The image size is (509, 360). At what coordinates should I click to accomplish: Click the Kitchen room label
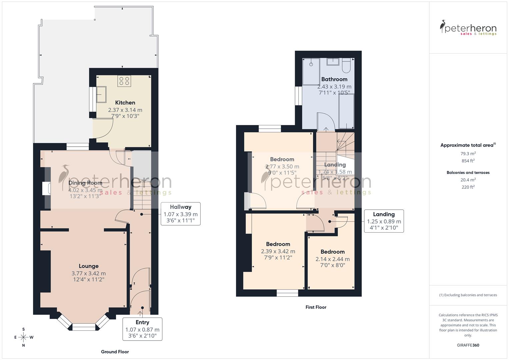coord(125,103)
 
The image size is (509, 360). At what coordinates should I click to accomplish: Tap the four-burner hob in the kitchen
coord(124,81)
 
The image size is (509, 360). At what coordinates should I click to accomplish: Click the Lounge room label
coord(89,266)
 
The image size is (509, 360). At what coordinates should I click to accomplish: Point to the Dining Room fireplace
coord(46,188)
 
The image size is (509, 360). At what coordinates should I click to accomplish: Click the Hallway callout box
coord(180,214)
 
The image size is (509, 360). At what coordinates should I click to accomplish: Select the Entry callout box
coord(142,329)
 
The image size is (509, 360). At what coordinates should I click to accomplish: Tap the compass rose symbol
coord(23,337)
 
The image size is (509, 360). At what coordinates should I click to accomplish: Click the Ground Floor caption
coord(115,352)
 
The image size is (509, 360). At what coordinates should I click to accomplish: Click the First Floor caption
coord(316,307)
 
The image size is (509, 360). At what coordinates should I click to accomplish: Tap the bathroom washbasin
coord(332,62)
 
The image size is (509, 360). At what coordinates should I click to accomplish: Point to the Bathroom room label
coord(334,79)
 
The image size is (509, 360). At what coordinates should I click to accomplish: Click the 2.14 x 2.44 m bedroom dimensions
coord(332,259)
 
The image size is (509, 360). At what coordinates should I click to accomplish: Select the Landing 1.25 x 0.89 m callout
coord(384,221)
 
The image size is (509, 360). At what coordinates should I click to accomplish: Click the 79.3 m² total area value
coord(468,154)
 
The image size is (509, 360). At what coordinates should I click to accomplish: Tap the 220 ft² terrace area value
coord(468,187)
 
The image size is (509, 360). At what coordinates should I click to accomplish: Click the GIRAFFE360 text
coord(468,345)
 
